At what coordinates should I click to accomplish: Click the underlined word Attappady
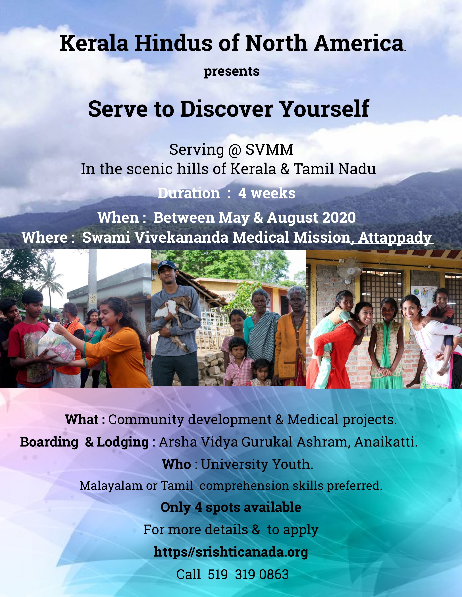(x=395, y=237)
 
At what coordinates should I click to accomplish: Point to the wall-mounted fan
(x=349, y=270)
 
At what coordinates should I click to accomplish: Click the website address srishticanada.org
(x=231, y=552)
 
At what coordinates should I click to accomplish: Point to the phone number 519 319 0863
(x=248, y=574)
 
